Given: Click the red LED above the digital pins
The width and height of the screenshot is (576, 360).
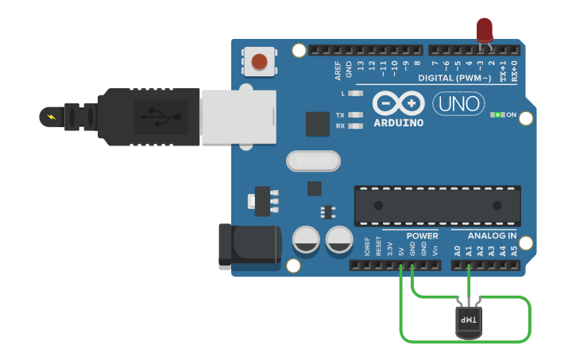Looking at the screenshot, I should [484, 30].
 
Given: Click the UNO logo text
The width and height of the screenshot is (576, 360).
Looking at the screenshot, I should [458, 104].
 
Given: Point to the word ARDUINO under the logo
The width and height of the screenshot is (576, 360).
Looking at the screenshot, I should [398, 122].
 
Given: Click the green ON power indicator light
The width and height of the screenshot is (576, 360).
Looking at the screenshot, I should [498, 115].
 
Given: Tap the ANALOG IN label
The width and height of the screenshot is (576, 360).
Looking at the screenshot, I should [492, 236].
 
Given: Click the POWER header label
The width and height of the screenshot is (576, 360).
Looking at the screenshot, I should [422, 236].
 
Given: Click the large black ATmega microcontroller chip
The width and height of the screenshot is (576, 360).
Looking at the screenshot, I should [437, 205].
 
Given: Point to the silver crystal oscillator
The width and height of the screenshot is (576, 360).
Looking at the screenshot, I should [313, 161].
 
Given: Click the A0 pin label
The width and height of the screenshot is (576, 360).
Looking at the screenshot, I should [458, 251].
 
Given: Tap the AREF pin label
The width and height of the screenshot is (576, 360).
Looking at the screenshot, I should [338, 72].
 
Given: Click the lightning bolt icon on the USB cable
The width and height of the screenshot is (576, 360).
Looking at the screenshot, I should [52, 117].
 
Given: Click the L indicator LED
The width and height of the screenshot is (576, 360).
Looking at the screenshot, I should [355, 94].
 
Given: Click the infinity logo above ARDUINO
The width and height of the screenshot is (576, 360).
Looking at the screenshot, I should [398, 104].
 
